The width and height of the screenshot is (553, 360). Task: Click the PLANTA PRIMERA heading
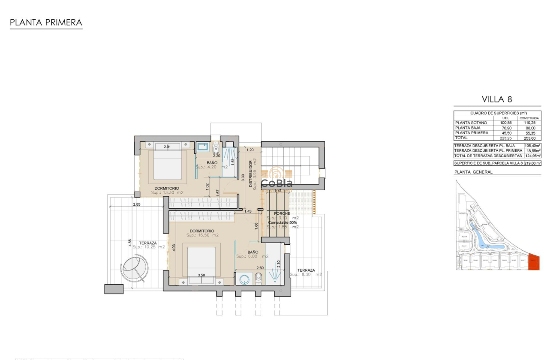click(x=46, y=22)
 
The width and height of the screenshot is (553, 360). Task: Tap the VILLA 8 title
click(x=497, y=99)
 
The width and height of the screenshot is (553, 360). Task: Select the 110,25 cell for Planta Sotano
click(x=529, y=123)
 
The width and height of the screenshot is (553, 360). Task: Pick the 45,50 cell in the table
click(x=506, y=133)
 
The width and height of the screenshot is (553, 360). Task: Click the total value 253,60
click(x=529, y=138)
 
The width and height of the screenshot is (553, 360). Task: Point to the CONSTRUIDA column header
click(x=529, y=118)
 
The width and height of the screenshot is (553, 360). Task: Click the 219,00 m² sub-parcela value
click(x=532, y=163)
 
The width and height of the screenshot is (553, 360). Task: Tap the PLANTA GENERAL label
click(x=473, y=172)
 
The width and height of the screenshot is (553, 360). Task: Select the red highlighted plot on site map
click(x=534, y=262)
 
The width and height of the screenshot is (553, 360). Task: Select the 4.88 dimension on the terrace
click(x=130, y=243)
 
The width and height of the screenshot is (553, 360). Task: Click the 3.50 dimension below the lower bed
click(x=201, y=275)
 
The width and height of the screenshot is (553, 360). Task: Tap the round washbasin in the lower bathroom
click(x=244, y=279)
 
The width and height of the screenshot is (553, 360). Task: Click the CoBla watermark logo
click(x=277, y=179)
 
